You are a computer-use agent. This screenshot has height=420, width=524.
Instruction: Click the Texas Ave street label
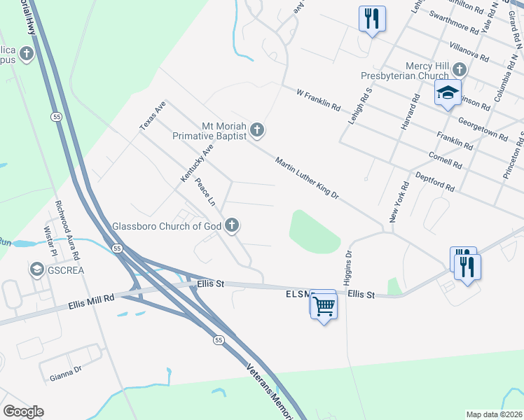click(152, 115)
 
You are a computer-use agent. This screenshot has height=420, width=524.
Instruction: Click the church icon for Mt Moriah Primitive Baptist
click(257, 129)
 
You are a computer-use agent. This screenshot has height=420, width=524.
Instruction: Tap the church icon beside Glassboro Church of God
click(233, 225)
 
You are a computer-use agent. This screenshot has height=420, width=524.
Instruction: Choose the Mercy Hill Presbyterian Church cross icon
click(459, 69)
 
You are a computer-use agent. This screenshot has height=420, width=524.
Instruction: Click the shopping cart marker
click(324, 305)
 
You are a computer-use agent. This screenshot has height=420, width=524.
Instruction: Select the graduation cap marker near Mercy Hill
click(448, 92)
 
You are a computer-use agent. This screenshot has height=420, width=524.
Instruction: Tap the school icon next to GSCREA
click(36, 269)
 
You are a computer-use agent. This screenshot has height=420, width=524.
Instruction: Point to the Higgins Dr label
click(348, 265)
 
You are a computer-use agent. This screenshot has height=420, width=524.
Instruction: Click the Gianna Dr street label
click(66, 377)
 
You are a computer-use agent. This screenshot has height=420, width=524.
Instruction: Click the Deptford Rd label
click(435, 183)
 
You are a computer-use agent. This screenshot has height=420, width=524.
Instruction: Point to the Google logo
click(23, 412)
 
